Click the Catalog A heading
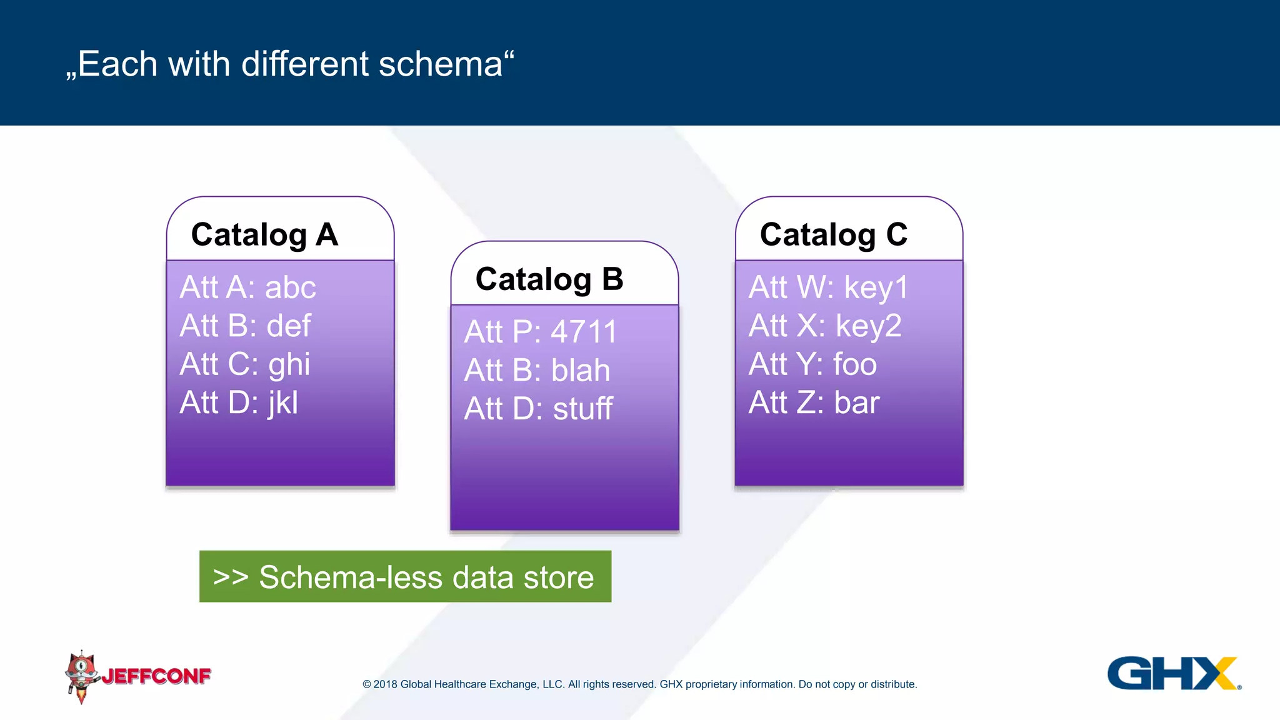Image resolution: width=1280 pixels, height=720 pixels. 264,235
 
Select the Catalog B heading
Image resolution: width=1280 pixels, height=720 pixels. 549,279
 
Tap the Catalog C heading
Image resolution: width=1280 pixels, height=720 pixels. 833,235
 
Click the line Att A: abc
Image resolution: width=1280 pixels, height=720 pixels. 247,287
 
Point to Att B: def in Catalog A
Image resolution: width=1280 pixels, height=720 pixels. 245,326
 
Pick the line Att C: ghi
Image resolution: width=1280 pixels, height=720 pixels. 244,364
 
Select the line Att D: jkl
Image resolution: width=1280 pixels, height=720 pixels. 239,402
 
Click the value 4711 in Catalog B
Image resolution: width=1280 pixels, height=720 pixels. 584,332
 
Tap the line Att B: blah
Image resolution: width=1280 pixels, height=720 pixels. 537,371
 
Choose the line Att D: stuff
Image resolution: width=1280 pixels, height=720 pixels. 538,409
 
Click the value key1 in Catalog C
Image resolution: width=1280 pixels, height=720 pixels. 876,287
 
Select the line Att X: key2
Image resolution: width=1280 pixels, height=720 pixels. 825,326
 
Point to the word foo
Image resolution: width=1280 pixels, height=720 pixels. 855,364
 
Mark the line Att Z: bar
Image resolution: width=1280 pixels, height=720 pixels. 814,402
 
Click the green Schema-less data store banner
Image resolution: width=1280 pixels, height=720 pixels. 405,576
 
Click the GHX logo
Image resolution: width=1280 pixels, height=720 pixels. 1173,673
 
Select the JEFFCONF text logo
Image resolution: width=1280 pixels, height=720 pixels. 156,676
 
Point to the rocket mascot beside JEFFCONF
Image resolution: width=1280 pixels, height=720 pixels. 81,676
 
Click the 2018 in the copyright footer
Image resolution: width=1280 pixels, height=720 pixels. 385,684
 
